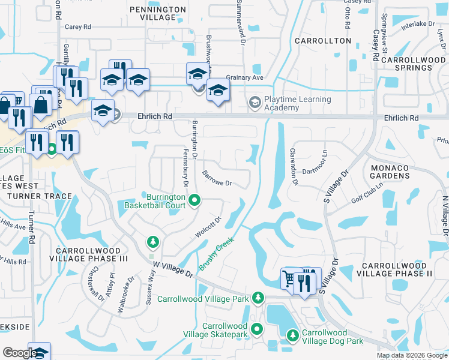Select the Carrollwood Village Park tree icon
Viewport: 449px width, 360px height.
tap(258, 297)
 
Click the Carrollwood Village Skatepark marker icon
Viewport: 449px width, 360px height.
tap(257, 329)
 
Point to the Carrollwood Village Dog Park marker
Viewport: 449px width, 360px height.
tap(293, 335)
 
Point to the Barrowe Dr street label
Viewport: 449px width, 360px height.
tap(217, 178)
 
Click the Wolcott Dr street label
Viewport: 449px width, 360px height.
tap(208, 227)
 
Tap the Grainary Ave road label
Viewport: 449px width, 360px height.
tap(246, 77)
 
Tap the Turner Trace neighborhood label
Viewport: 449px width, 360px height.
tap(40, 196)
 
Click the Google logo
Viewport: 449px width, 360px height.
tap(20, 352)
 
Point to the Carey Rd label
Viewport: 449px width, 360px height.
tap(77, 27)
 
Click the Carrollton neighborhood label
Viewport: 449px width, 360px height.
tap(324, 40)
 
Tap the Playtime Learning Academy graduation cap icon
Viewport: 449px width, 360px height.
tap(255, 103)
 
